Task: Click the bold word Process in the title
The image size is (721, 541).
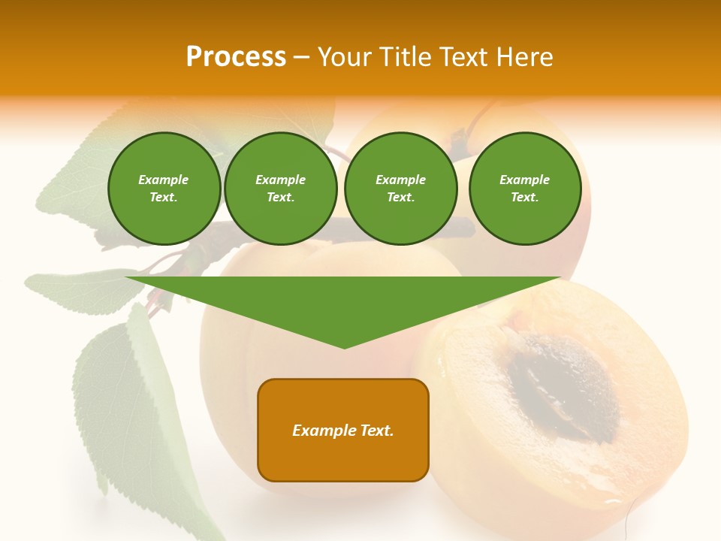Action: tap(236, 57)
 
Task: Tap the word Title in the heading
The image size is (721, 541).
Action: tap(404, 57)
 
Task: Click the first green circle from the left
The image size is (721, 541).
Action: tap(164, 189)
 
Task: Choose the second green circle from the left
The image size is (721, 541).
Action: tap(280, 189)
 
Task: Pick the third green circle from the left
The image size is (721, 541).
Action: tap(400, 189)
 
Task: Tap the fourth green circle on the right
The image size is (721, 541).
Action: tap(524, 189)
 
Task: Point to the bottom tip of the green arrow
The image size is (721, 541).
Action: tap(344, 346)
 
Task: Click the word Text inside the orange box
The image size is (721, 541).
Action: tap(376, 431)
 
